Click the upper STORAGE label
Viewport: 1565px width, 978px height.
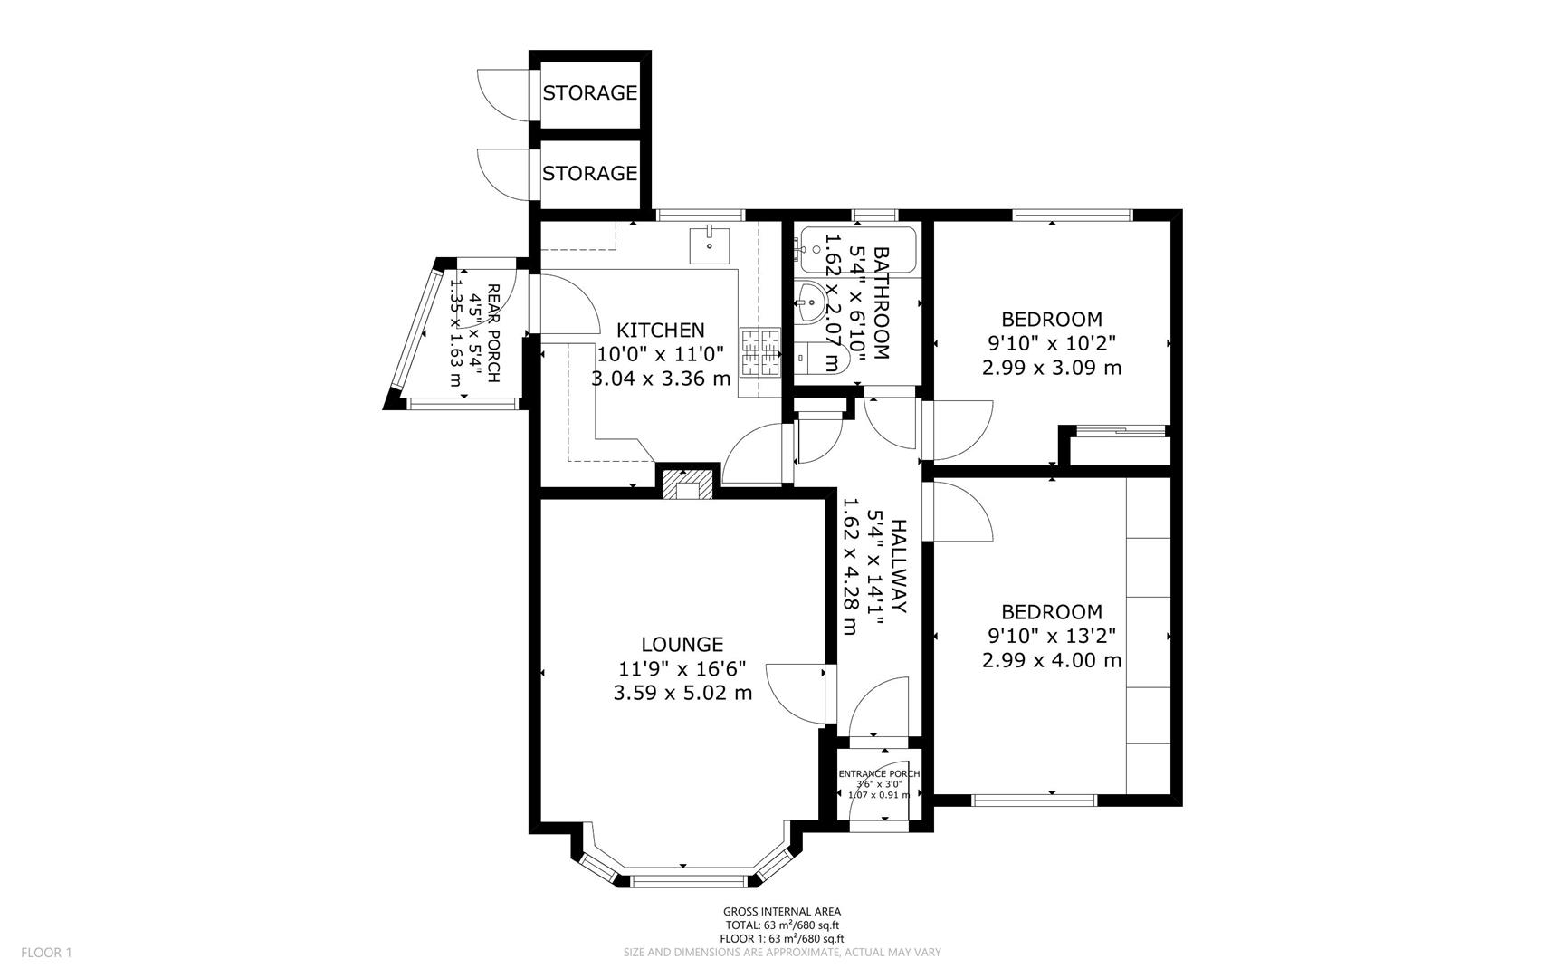point(589,92)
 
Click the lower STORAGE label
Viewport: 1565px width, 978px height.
point(589,172)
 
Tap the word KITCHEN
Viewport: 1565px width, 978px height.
point(660,330)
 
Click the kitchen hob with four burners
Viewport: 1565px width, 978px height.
point(759,352)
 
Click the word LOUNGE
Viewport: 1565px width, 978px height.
point(682,644)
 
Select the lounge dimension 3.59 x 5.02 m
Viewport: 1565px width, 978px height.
point(682,693)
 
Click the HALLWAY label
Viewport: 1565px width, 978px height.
point(898,566)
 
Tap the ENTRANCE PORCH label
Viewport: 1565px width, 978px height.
point(879,773)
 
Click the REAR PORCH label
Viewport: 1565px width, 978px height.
point(493,332)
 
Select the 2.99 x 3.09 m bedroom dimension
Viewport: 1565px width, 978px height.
point(1051,368)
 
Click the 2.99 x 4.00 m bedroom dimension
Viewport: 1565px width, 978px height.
point(1051,660)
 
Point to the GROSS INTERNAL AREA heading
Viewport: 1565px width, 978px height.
point(781,911)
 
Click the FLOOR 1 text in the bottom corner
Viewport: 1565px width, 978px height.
point(46,952)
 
